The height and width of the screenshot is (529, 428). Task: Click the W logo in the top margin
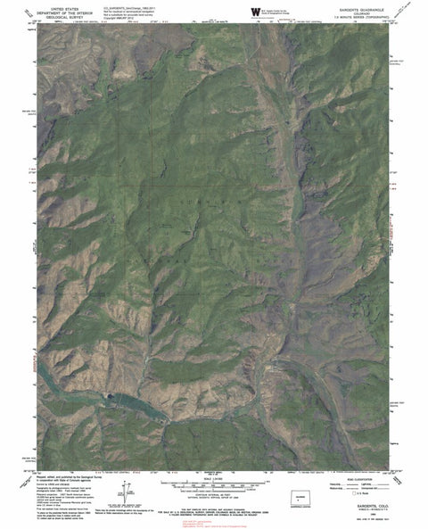(257, 9)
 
